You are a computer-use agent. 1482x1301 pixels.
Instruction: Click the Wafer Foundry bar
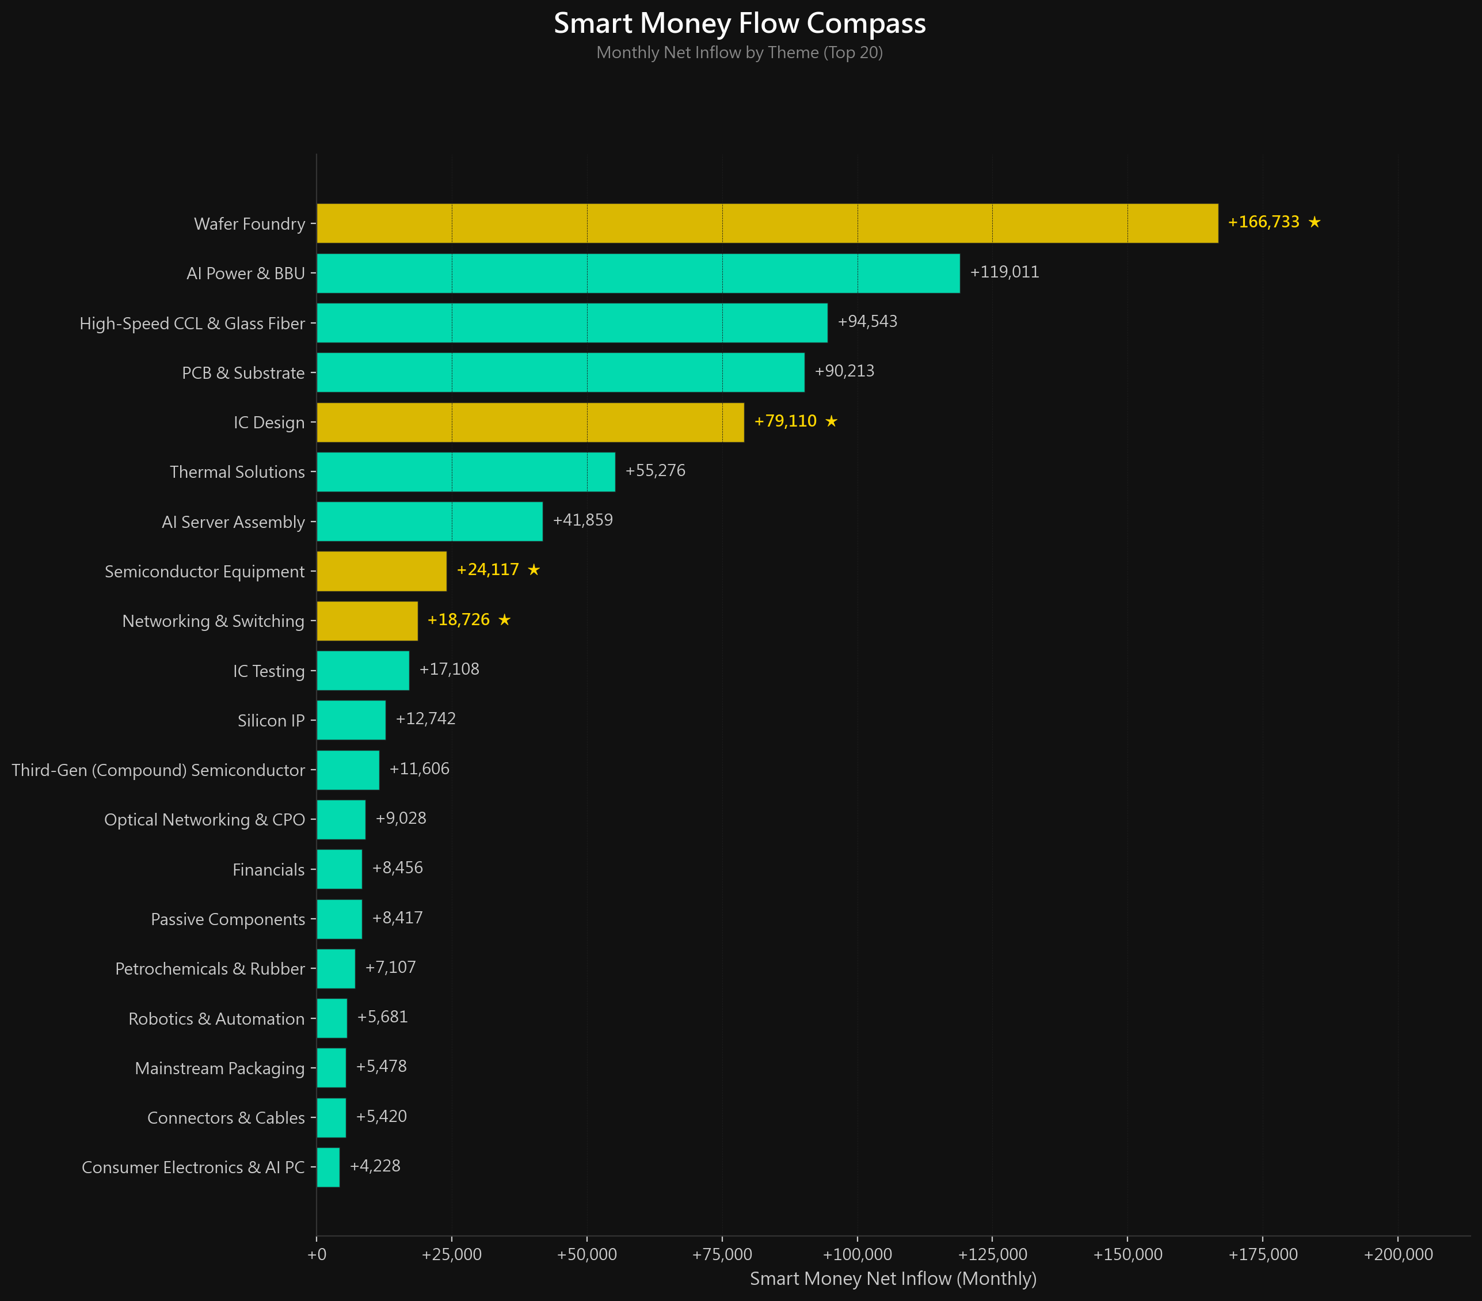point(767,223)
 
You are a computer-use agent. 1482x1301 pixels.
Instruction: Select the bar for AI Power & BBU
point(638,273)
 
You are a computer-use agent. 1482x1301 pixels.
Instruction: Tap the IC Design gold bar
point(530,422)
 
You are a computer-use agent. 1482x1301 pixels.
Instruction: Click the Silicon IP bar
point(351,720)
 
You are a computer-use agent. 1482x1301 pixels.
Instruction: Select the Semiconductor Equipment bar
point(382,572)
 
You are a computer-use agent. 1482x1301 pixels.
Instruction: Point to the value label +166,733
point(1263,222)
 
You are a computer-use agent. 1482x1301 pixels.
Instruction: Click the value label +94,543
point(867,321)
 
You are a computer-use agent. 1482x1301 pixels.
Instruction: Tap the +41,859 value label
point(582,520)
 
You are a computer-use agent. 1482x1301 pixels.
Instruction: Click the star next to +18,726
point(505,619)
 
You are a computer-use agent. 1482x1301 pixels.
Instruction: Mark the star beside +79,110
point(831,421)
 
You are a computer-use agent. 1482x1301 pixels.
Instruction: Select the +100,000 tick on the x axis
point(857,1254)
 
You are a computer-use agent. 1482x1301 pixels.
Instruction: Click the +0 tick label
point(317,1254)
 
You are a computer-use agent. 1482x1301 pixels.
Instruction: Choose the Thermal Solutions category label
point(237,472)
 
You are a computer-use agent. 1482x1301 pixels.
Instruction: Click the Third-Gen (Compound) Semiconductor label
point(158,770)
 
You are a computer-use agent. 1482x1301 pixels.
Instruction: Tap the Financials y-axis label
point(268,869)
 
